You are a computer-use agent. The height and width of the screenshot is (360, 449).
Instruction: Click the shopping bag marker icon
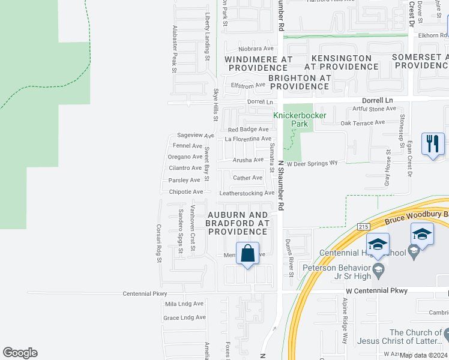[247, 254]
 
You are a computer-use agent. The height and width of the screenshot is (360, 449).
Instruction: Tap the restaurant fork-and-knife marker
[433, 145]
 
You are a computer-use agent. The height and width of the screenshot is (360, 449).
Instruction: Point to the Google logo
[20, 353]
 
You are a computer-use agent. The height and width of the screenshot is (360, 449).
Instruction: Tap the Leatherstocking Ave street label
[247, 193]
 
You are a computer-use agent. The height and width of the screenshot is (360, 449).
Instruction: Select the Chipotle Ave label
[186, 192]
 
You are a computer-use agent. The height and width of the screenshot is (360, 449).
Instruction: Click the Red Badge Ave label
[248, 129]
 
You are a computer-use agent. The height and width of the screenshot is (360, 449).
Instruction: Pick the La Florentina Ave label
[249, 139]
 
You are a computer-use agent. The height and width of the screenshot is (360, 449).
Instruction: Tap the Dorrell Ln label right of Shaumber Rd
[377, 100]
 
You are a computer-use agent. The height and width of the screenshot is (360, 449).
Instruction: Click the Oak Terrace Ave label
[362, 122]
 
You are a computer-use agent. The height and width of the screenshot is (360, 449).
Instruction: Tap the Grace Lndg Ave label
[184, 317]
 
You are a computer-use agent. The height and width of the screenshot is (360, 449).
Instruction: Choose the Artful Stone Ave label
[375, 109]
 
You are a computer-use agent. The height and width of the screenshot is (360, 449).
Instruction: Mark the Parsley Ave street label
[184, 180]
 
